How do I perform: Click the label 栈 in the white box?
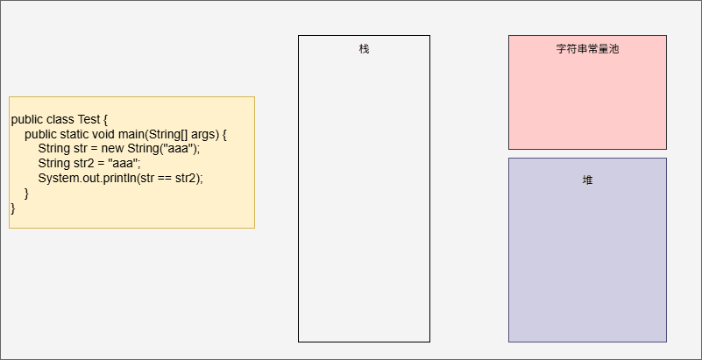coord(364,49)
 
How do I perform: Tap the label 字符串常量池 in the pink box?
coord(587,49)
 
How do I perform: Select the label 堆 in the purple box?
coord(587,180)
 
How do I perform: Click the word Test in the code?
coord(89,120)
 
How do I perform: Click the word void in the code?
coord(104,135)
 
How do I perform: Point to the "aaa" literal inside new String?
coord(180,149)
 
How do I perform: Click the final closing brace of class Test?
coord(13,208)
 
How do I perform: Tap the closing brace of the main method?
coord(26,194)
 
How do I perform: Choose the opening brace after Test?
coord(105,120)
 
